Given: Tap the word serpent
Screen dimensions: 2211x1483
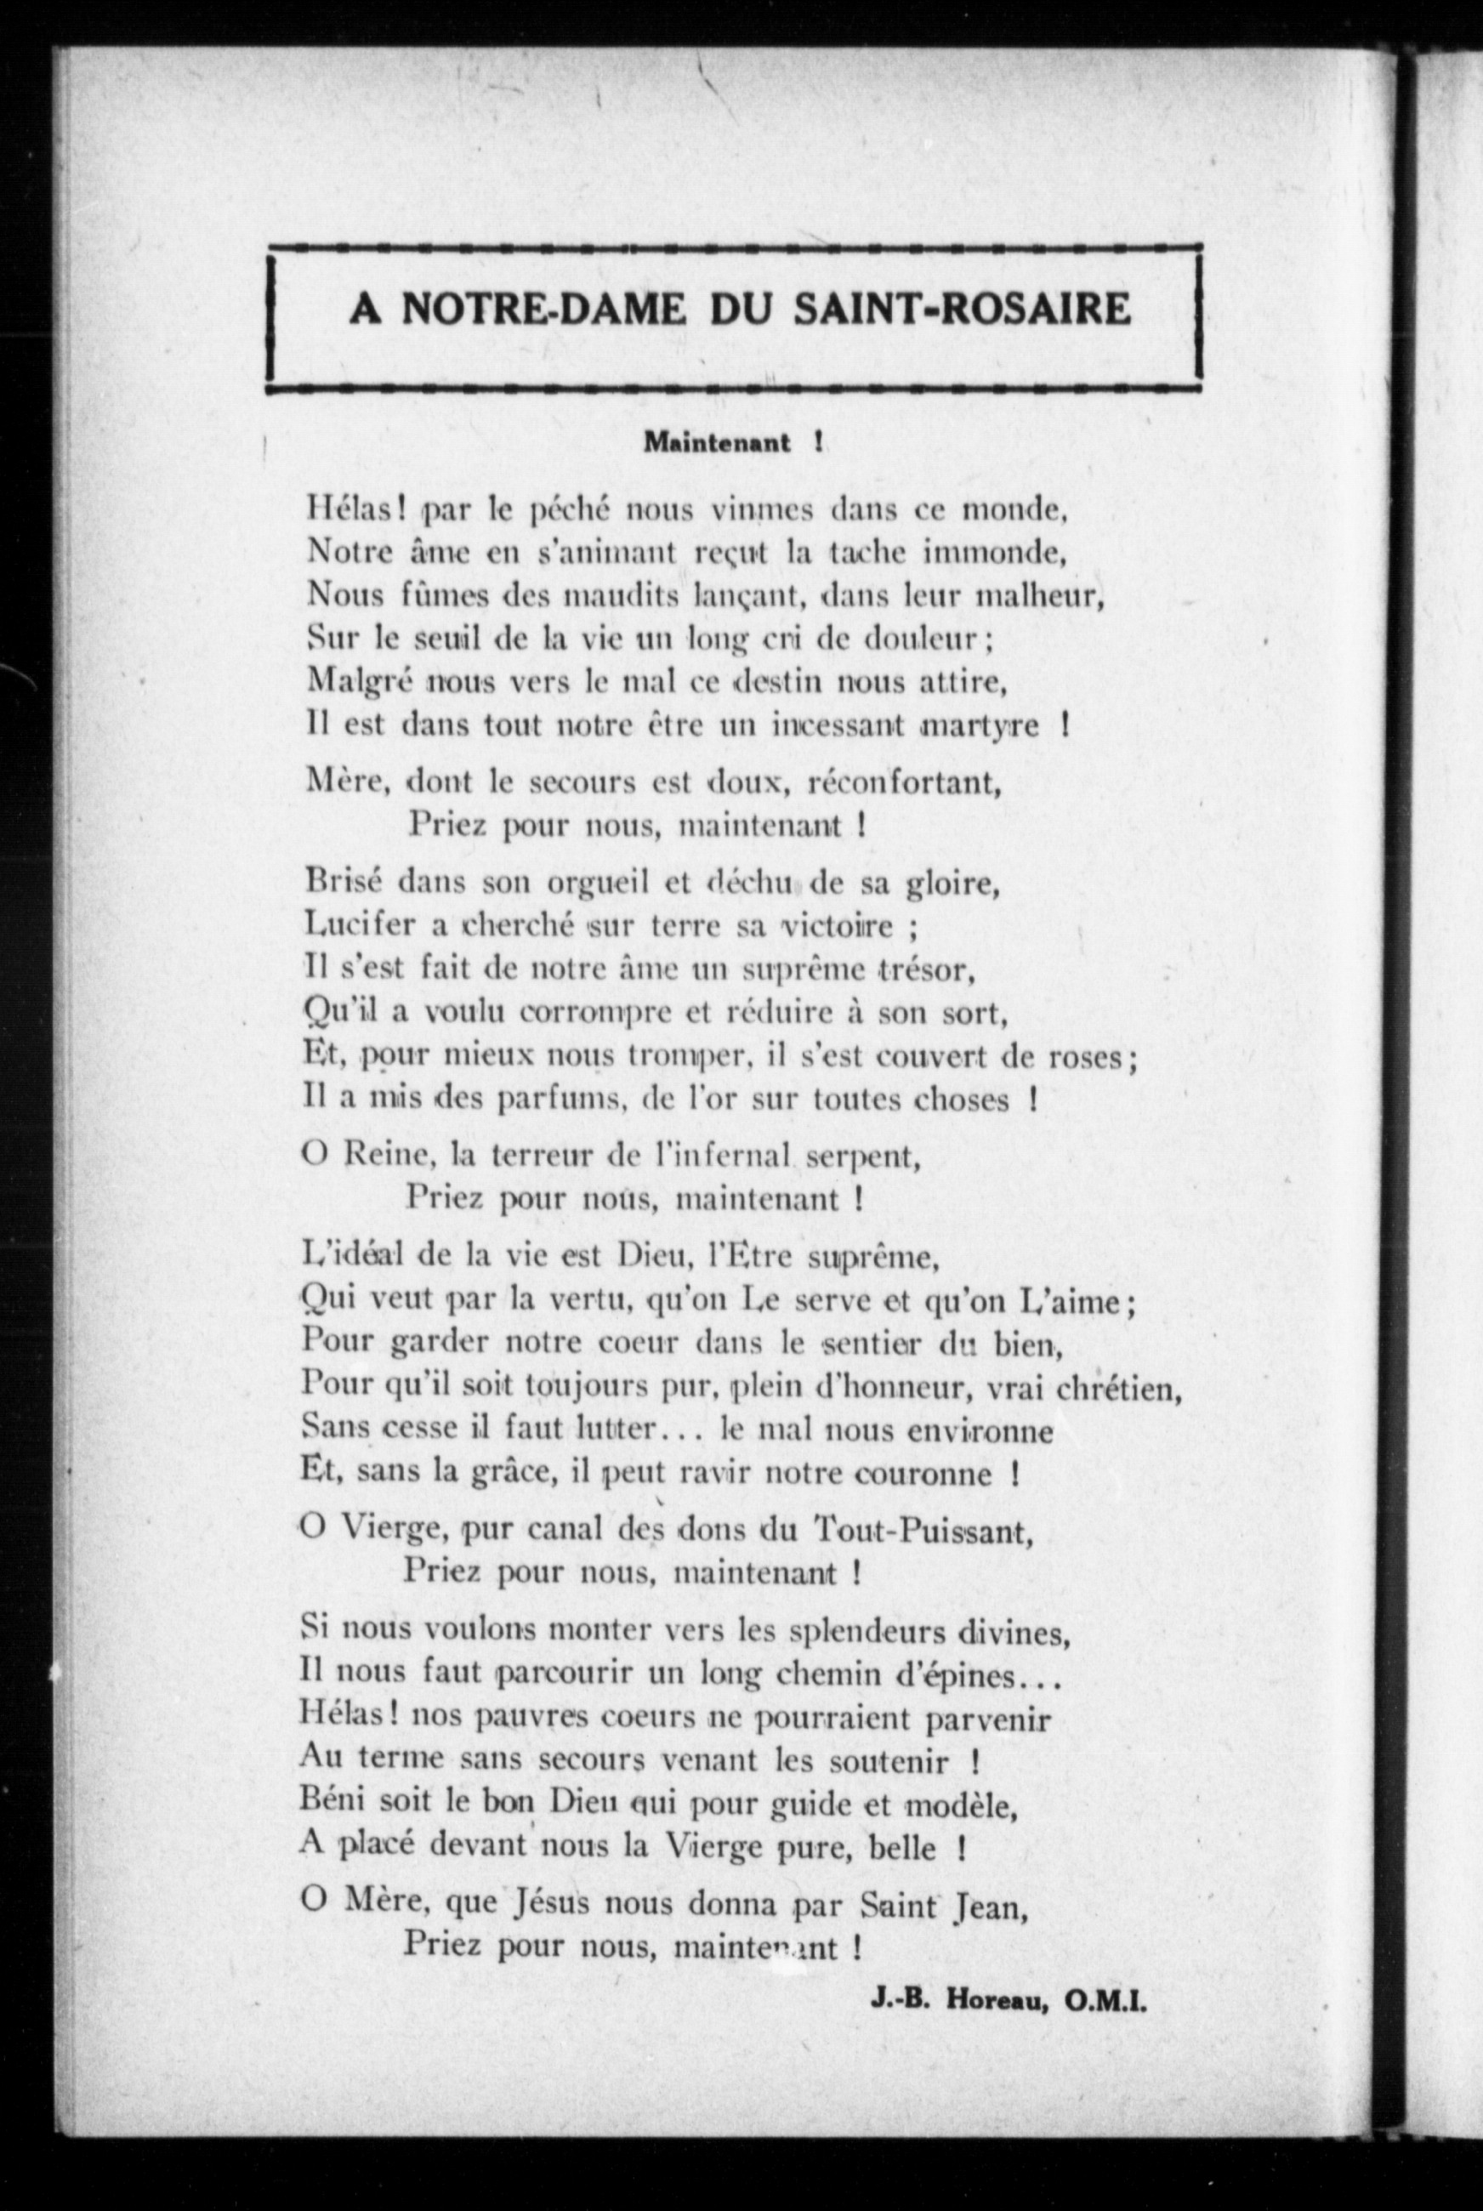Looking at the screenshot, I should [x=867, y=1156].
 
